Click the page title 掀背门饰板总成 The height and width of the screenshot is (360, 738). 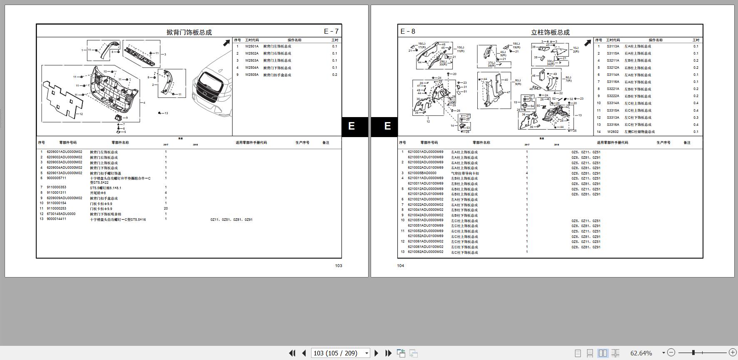click(189, 32)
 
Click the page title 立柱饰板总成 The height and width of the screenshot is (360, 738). click(550, 32)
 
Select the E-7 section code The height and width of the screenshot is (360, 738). click(331, 31)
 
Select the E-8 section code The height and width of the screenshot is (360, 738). click(408, 31)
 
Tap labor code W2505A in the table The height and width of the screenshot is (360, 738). click(252, 75)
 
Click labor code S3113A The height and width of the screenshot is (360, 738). click(613, 46)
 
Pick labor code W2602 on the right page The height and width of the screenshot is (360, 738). click(613, 132)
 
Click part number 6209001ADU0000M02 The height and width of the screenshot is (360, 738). click(65, 152)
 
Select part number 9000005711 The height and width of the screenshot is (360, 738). click(57, 178)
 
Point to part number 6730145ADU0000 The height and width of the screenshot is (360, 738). click(61, 214)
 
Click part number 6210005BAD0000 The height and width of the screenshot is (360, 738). click(422, 173)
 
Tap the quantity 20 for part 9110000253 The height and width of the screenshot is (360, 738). click(166, 208)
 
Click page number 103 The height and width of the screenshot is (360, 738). click(339, 265)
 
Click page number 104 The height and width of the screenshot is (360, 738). click(401, 265)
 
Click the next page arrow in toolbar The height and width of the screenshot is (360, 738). click(376, 353)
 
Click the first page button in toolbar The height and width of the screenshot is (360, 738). click(292, 353)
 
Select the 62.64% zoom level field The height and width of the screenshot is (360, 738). click(641, 353)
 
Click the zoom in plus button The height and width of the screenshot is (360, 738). click(733, 352)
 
